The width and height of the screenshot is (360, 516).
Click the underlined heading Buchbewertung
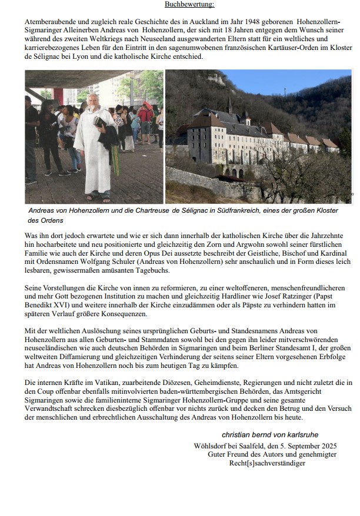189,5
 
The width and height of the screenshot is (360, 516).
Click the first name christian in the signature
238,434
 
